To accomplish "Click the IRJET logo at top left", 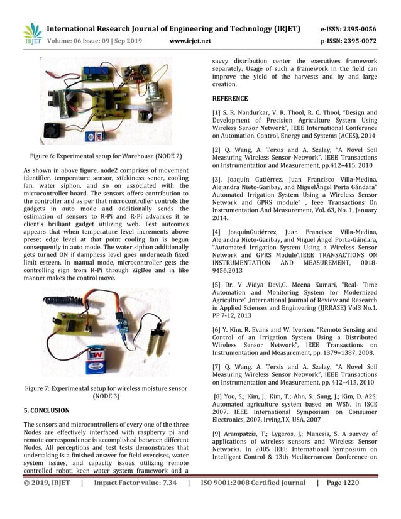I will point(31,33).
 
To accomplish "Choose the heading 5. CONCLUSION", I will point(46,410).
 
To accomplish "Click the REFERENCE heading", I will point(229,98).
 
